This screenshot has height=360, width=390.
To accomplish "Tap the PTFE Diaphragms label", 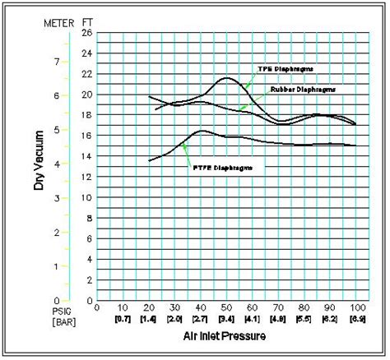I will pyautogui.click(x=220, y=167).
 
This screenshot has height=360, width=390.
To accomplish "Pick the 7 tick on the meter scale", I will pyautogui.click(x=56, y=62).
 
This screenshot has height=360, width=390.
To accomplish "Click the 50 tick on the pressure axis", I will pyautogui.click(x=227, y=308).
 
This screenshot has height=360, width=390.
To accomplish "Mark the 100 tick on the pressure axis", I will pyautogui.click(x=356, y=308).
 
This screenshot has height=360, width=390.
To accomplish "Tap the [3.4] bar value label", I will pyautogui.click(x=227, y=318).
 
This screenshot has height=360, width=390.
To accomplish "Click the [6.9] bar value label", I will pyautogui.click(x=356, y=318).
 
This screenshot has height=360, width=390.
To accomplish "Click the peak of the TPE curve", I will pyautogui.click(x=227, y=78).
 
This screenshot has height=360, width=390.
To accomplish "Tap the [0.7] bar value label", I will pyautogui.click(x=123, y=318).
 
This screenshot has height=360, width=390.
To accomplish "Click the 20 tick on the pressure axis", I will pyautogui.click(x=149, y=308).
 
